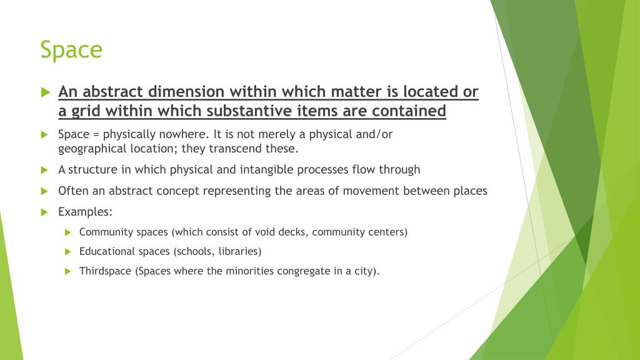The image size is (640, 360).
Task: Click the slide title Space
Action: click(x=71, y=49)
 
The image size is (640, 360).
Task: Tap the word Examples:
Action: click(x=85, y=212)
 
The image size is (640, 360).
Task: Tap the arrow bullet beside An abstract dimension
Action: click(x=44, y=92)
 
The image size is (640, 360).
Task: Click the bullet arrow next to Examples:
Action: click(x=44, y=212)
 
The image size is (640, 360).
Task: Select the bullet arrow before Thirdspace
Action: click(x=68, y=271)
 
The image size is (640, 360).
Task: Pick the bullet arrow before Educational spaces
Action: click(x=68, y=251)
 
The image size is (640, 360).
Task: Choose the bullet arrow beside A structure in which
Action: click(x=44, y=169)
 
